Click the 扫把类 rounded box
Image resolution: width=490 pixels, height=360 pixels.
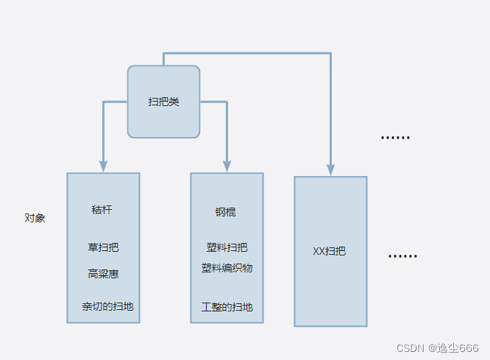click(163, 102)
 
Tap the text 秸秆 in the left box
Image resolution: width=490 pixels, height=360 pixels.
click(102, 210)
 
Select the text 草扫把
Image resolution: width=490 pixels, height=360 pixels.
click(103, 247)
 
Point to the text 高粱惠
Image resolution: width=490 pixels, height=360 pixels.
click(103, 274)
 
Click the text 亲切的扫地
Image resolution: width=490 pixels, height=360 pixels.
click(107, 306)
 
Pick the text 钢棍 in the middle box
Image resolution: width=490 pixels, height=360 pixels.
click(226, 212)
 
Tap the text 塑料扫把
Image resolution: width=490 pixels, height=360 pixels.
click(227, 247)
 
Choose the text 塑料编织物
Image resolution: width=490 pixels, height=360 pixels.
click(227, 268)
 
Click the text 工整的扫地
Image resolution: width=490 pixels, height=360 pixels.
click(227, 306)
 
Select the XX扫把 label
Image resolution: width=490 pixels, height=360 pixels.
click(329, 251)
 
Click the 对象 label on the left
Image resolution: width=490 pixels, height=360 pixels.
click(35, 218)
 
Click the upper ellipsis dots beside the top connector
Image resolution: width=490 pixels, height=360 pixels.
click(395, 138)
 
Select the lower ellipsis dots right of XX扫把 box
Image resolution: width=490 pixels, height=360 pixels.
click(402, 256)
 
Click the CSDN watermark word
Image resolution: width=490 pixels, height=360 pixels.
click(411, 347)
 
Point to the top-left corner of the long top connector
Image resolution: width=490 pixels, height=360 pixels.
click(163, 54)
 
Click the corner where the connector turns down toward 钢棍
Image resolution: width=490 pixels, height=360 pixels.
click(227, 102)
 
